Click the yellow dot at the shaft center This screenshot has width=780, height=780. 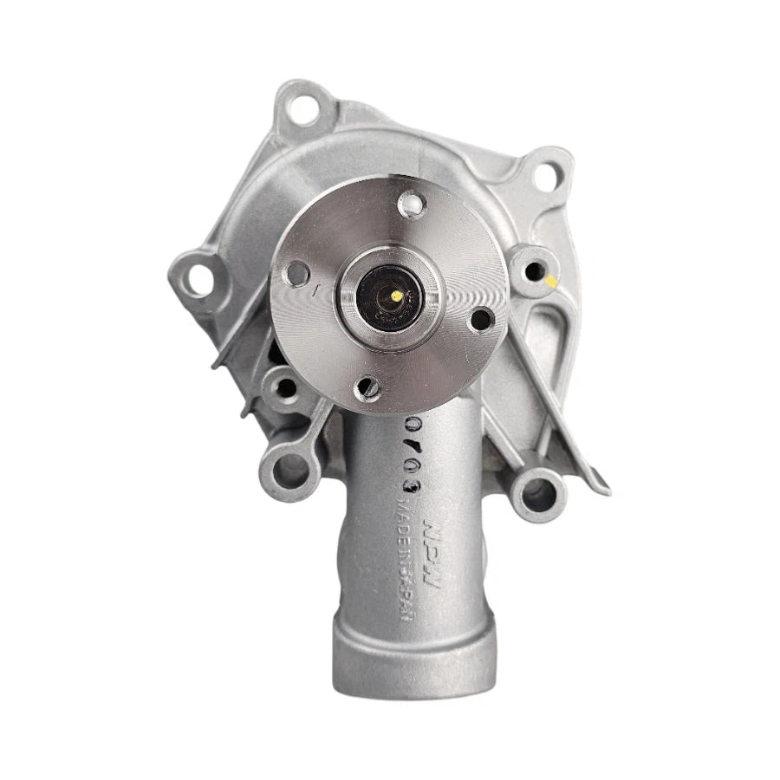396,296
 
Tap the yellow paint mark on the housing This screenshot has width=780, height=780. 552,281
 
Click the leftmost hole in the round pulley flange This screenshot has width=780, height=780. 298,273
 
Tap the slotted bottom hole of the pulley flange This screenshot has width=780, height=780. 368,387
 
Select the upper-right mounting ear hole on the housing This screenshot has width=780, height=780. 545,174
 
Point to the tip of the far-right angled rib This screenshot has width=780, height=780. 601,485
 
